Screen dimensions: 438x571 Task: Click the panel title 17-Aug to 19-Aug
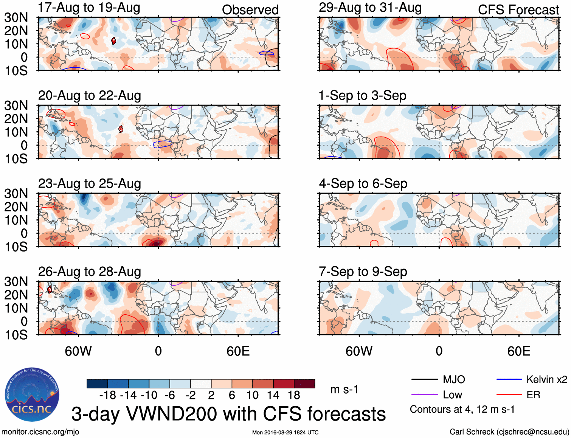[x=89, y=8]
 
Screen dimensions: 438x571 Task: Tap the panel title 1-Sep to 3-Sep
[x=362, y=95]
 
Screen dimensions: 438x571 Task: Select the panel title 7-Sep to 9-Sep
[x=363, y=272]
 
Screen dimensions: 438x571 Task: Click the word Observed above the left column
[x=250, y=10]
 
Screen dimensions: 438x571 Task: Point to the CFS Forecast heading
[x=518, y=10]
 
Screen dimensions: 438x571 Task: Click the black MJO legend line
[x=424, y=379]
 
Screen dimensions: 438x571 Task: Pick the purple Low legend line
[x=424, y=395]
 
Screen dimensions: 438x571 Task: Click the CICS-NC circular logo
[x=32, y=395]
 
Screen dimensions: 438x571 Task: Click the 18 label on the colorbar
[x=294, y=395]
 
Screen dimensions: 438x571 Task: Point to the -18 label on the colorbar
[x=108, y=395]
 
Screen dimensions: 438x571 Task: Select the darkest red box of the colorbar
[x=304, y=384]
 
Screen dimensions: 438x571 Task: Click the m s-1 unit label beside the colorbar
[x=344, y=390]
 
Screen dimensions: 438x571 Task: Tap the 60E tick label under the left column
[x=238, y=351]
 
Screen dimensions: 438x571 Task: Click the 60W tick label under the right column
[x=359, y=351]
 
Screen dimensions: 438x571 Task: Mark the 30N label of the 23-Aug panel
[x=16, y=194]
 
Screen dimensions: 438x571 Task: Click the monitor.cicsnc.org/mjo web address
[x=40, y=432]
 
